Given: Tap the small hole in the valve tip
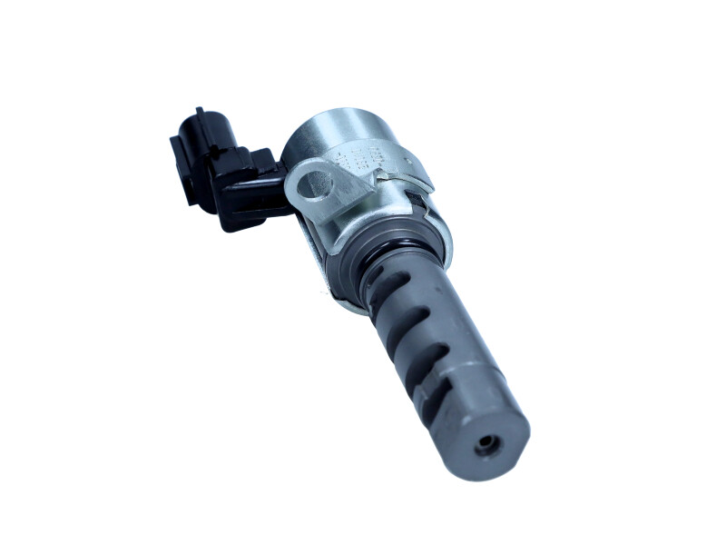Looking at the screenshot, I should click(489, 444).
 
